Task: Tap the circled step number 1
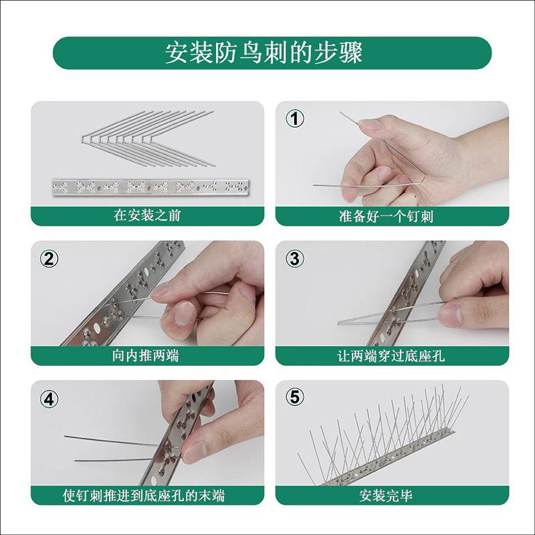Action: (x=295, y=119)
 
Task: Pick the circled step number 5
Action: (x=295, y=397)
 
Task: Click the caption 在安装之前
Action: (x=146, y=216)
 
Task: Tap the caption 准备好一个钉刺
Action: (x=391, y=217)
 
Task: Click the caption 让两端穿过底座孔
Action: (x=391, y=356)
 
